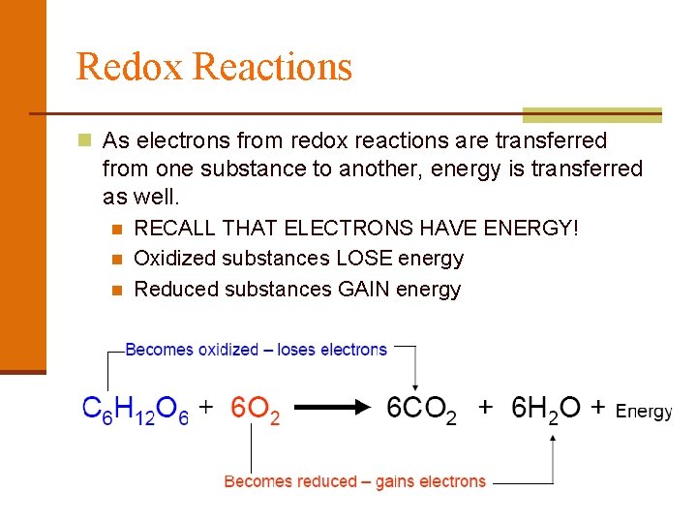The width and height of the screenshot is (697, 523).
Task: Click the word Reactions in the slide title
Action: pos(272,67)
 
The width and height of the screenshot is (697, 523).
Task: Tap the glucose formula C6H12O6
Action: pos(136,411)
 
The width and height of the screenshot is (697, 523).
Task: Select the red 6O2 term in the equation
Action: pos(256,411)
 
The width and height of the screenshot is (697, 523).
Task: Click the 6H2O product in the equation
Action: pos(546,411)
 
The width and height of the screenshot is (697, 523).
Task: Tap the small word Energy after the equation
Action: pos(643,412)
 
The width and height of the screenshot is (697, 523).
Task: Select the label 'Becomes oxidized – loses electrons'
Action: pos(257,350)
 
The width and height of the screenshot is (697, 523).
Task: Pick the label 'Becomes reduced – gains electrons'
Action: pos(355,481)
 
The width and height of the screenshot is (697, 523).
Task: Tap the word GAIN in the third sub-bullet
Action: pos(364,289)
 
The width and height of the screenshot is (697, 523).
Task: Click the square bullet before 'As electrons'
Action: pos(85,140)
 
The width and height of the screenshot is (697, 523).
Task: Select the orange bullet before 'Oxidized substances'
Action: pos(116,260)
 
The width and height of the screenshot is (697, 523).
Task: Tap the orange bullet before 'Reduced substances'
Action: pos(116,290)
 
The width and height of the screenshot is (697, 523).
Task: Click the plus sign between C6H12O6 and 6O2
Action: pos(206,409)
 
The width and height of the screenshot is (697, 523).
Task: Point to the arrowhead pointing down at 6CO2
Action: pos(415,384)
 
